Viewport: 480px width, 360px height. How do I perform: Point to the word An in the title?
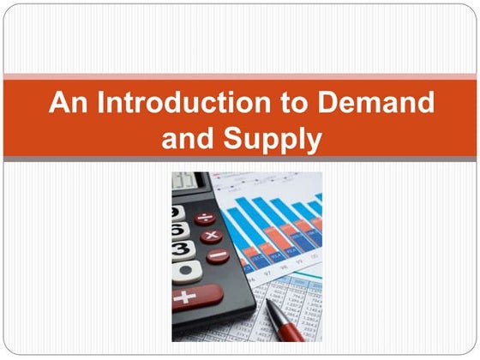65,103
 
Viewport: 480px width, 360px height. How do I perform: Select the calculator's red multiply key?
211,236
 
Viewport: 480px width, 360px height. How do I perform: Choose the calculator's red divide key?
205,218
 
